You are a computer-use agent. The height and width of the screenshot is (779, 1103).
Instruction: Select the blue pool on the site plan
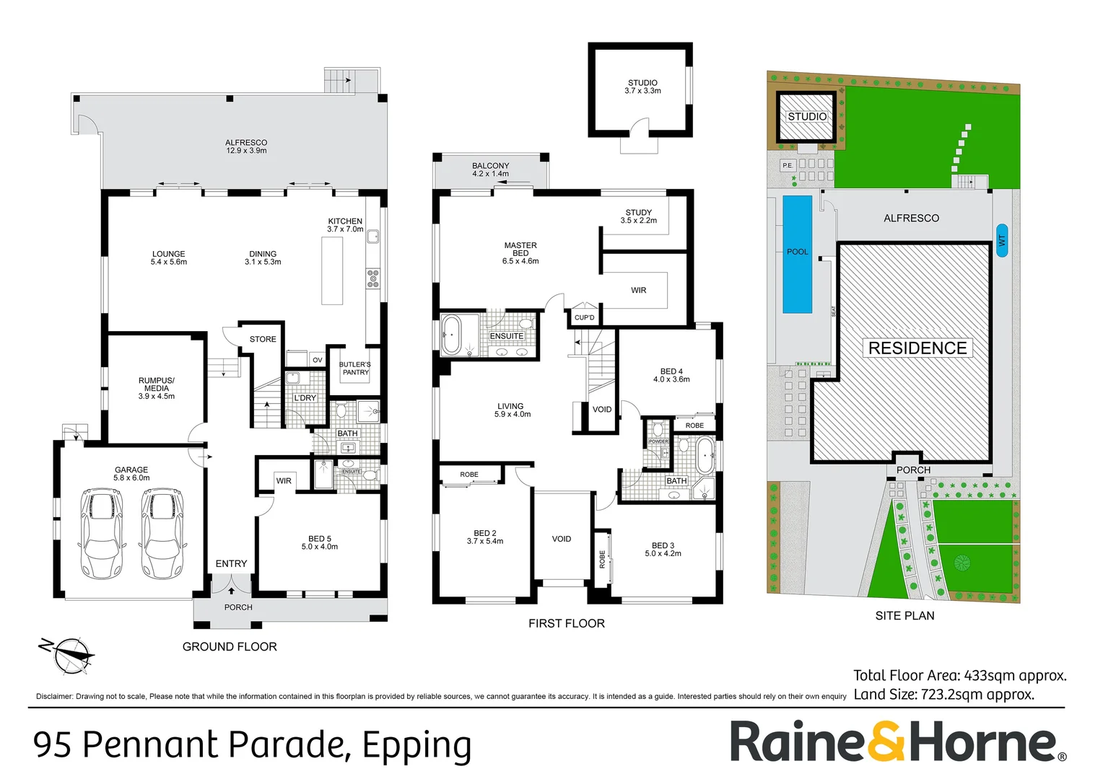coord(797,253)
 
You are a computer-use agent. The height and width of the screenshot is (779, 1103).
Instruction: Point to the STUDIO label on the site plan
coord(807,117)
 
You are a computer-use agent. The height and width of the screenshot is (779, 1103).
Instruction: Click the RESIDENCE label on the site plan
coord(917,348)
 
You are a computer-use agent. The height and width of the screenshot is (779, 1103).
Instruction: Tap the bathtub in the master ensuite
coord(452,335)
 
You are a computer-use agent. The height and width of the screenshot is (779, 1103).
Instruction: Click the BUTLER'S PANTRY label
coord(355,369)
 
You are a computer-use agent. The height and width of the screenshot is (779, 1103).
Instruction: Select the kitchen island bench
coord(332,270)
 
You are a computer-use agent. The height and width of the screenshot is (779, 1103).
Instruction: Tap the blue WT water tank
coord(1001,240)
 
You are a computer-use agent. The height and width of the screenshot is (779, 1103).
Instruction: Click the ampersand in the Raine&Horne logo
coord(886,741)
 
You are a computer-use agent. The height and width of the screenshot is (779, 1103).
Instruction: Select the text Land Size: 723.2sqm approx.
coord(943,695)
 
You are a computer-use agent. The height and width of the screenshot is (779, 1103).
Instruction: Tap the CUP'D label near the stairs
coord(584,317)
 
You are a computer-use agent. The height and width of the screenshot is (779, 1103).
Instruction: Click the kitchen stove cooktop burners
coord(372,278)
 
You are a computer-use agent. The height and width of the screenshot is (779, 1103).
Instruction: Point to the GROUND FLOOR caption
coord(230,647)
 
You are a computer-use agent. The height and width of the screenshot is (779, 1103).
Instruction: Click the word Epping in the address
coord(417,745)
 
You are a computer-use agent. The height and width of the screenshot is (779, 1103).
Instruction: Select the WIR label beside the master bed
coord(638,290)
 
